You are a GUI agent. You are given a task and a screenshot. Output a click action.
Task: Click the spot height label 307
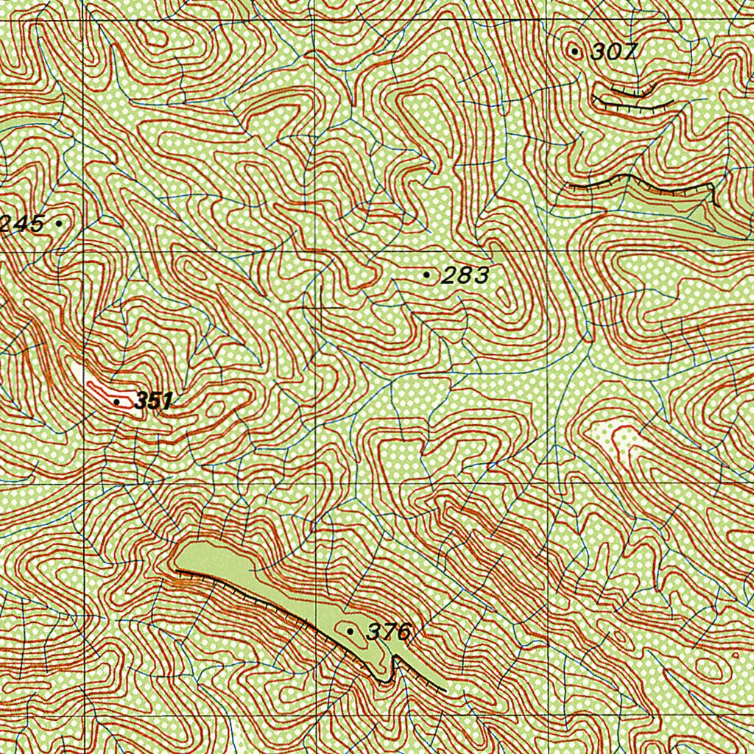point(613,52)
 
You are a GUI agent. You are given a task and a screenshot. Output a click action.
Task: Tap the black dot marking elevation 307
point(575,51)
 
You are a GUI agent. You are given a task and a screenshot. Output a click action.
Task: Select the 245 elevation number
point(22,223)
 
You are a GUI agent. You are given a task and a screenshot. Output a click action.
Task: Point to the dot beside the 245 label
point(59,222)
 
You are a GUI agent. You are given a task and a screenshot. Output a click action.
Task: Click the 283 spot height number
point(465,276)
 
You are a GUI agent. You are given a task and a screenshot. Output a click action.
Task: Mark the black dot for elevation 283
point(427,275)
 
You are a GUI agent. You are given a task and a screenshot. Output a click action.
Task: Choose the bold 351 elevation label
point(154,401)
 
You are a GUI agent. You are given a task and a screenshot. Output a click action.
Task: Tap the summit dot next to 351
point(117,401)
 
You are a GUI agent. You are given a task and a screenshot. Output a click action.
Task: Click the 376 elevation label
point(387,632)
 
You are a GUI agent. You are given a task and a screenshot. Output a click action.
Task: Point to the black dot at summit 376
point(350,631)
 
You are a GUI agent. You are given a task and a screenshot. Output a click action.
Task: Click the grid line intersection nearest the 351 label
point(87,484)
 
